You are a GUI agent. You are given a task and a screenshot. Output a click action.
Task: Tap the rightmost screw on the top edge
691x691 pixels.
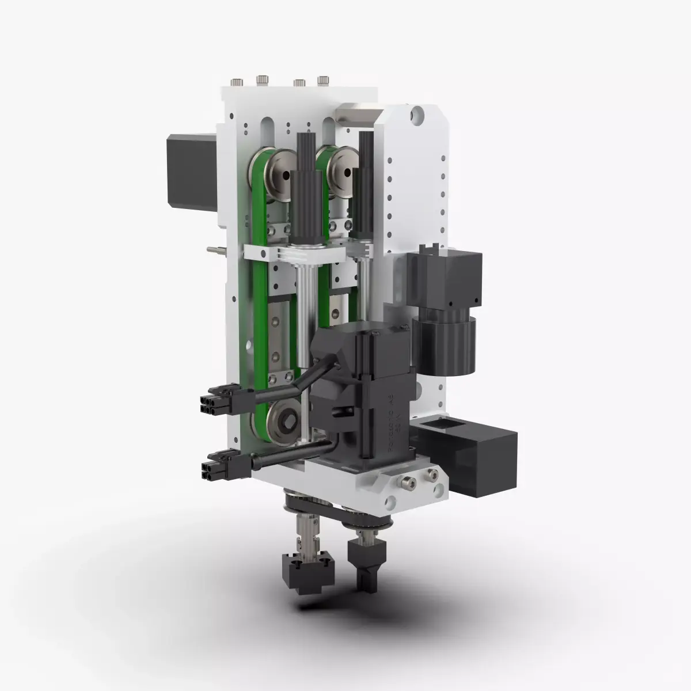pyautogui.click(x=323, y=79)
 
